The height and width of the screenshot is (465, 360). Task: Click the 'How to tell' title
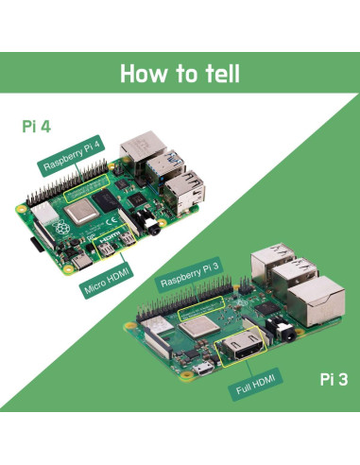point(180,73)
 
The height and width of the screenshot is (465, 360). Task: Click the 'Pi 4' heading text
point(37,126)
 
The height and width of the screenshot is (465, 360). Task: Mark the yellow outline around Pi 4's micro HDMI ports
point(119,249)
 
